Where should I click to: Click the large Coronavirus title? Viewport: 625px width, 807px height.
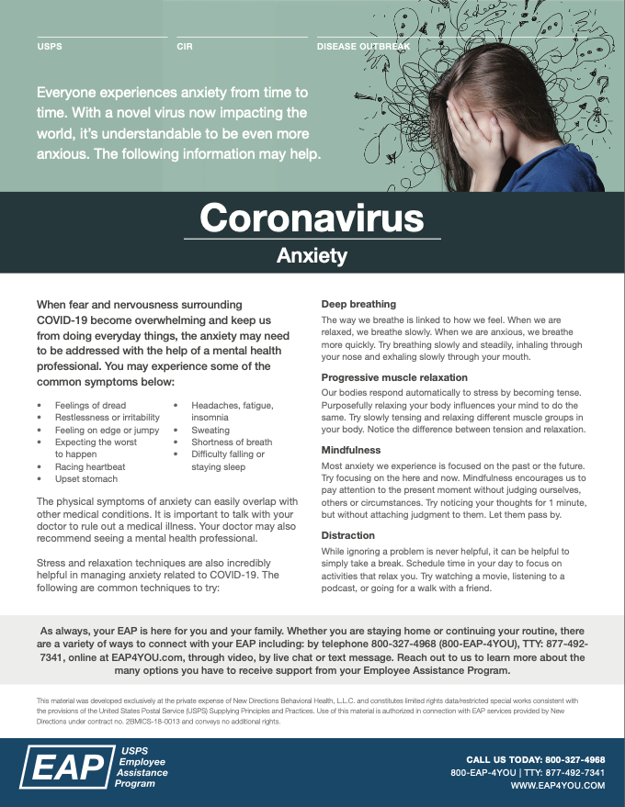point(312,218)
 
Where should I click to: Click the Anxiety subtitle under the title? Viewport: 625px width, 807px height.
point(312,256)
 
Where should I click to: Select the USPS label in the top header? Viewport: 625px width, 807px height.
point(50,46)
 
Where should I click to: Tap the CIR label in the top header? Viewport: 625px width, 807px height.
point(185,46)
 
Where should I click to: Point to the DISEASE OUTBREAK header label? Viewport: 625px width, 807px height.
point(363,46)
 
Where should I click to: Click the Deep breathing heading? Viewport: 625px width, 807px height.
point(358,304)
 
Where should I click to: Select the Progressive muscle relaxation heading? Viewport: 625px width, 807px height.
point(394,377)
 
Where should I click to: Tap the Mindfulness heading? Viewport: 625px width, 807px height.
point(350,451)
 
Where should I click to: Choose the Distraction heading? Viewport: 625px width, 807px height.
point(348,535)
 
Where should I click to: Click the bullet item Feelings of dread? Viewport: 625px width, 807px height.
point(90,405)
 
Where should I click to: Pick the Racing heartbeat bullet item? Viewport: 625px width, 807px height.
point(90,466)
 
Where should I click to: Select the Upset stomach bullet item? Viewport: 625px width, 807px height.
point(86,478)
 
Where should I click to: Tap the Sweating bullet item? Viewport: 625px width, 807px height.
point(210,430)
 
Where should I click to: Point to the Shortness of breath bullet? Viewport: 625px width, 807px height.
point(232,442)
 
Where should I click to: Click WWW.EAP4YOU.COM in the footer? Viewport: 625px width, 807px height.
point(558,786)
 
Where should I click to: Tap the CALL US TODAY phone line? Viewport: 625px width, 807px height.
point(536,760)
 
